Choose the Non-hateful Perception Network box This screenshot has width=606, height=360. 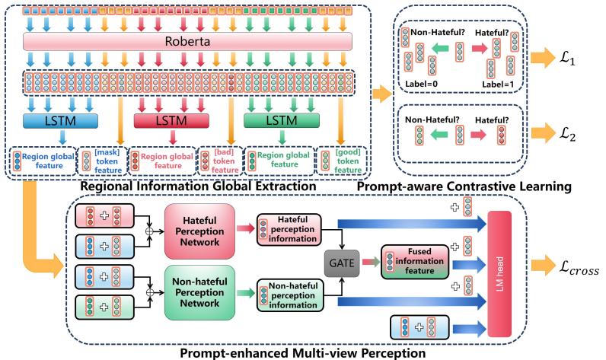coord(202,292)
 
